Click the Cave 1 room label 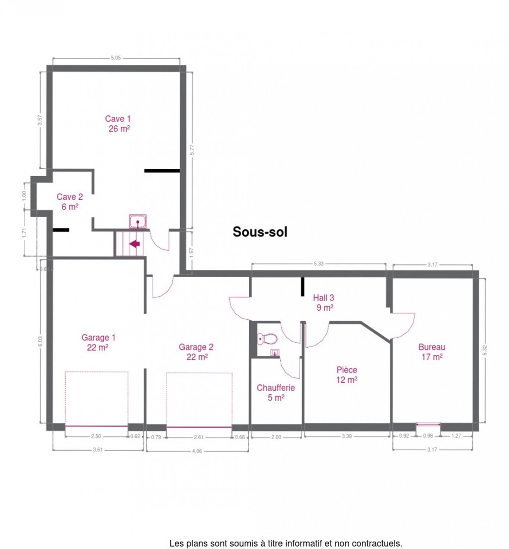pyautogui.click(x=118, y=124)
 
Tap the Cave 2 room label pyautogui.click(x=70, y=201)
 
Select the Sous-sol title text pyautogui.click(x=260, y=231)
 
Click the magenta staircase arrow pyautogui.click(x=134, y=244)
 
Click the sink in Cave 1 pyautogui.click(x=138, y=221)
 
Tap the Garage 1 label pyautogui.click(x=98, y=342)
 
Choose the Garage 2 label pyautogui.click(x=196, y=352)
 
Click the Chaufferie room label pyautogui.click(x=275, y=393)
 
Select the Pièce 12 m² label pyautogui.click(x=347, y=375)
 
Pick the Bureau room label pyautogui.click(x=431, y=352)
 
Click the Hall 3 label pyautogui.click(x=324, y=302)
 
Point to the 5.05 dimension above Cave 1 pyautogui.click(x=116, y=58)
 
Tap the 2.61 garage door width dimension pyautogui.click(x=198, y=437)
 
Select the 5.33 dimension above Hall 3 pyautogui.click(x=318, y=264)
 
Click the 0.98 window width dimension pyautogui.click(x=428, y=436)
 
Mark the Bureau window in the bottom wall pyautogui.click(x=428, y=424)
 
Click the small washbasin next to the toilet pyautogui.click(x=275, y=353)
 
